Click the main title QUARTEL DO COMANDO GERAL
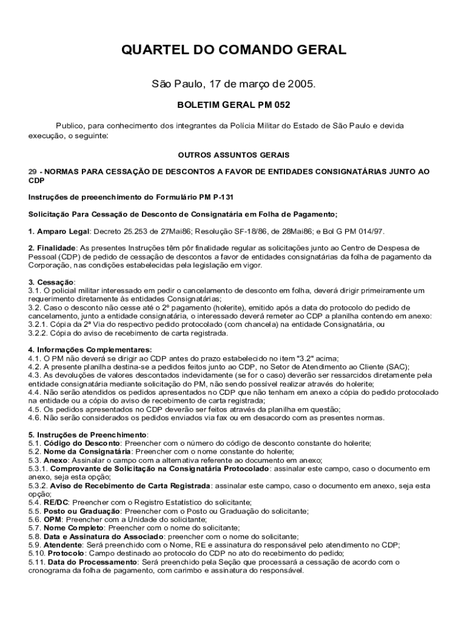[x=233, y=50]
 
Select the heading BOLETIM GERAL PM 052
[x=233, y=105]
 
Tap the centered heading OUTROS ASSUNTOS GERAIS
[x=233, y=155]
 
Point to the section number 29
[x=33, y=172]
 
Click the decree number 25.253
[x=137, y=231]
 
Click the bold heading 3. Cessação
[x=52, y=282]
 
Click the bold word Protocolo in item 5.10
[x=67, y=554]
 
